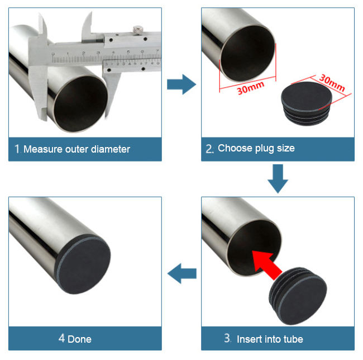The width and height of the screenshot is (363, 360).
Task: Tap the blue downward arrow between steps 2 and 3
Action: coord(278,178)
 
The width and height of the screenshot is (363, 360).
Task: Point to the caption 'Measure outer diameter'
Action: coord(77,149)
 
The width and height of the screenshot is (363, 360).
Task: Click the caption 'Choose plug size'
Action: coord(256,148)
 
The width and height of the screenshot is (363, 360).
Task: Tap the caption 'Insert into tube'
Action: coord(270,339)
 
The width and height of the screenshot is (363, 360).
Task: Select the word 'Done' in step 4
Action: coord(79,339)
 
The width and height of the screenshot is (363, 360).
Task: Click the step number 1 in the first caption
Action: coord(17,149)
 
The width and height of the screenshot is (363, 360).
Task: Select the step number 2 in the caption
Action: coord(209,149)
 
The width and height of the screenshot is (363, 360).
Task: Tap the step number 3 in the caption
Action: coord(227,338)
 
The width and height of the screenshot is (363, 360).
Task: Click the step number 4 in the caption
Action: coord(61,338)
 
